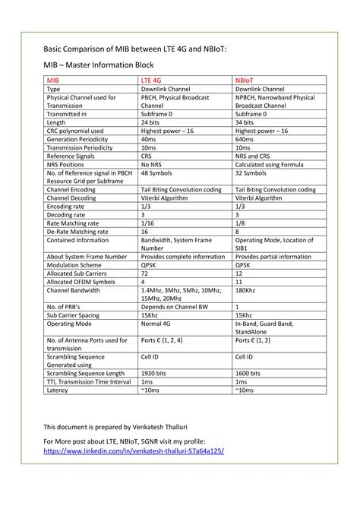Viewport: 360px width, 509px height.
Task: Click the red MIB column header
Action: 53,79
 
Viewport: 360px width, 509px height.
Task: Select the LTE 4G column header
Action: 152,79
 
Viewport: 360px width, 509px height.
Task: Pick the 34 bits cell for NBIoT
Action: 245,122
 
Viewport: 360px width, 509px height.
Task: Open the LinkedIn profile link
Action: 134,450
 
